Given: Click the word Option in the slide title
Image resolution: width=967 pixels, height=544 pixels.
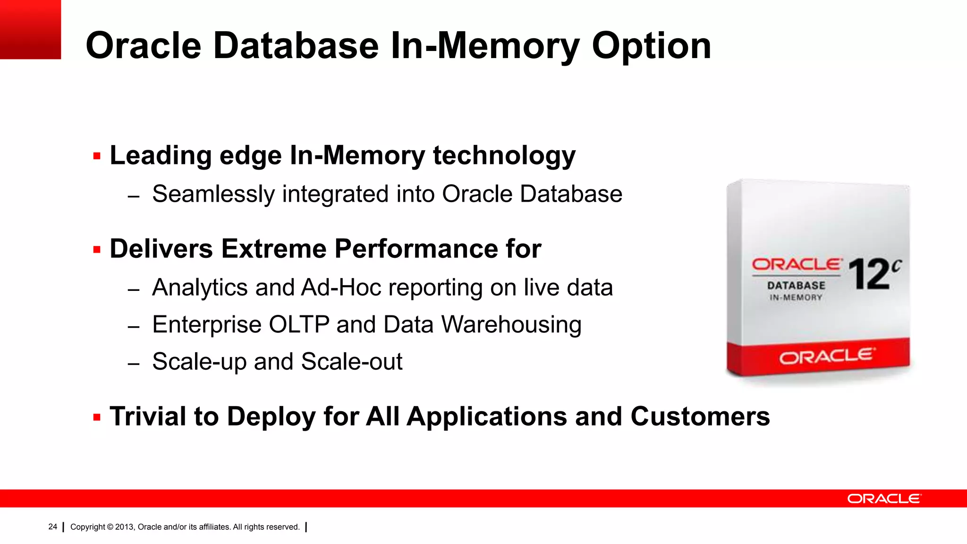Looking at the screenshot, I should [x=651, y=46].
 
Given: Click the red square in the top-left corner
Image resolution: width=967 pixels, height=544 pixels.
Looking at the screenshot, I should [x=30, y=29].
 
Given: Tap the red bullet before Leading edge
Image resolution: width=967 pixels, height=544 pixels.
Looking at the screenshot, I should [x=97, y=156].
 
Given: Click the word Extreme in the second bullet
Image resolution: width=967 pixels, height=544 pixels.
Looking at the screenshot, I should [x=273, y=249].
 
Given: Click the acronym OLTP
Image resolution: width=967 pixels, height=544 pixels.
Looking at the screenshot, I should [x=299, y=325].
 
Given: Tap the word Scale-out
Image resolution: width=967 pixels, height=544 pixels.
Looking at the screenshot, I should [x=352, y=362].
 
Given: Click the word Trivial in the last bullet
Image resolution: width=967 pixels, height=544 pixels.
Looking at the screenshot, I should [x=148, y=416].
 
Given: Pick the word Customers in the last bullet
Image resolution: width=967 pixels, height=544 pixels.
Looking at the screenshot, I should [x=700, y=416].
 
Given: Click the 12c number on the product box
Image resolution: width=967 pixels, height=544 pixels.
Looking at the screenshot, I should [x=874, y=274].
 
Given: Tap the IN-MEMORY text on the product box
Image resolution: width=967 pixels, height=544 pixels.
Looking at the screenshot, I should [x=796, y=297].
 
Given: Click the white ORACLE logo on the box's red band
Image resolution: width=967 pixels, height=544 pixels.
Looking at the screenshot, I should [x=827, y=357].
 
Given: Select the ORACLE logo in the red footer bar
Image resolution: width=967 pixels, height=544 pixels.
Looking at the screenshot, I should [x=884, y=499].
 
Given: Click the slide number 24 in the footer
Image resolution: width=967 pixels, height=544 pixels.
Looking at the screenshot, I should [x=52, y=527].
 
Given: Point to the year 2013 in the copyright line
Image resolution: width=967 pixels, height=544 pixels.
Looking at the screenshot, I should [x=124, y=527].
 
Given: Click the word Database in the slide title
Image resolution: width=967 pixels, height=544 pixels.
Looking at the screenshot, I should [x=296, y=46].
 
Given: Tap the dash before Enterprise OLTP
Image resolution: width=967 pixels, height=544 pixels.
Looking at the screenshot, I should [x=134, y=326].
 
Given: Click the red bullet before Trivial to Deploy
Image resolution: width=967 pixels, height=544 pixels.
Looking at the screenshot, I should [x=97, y=417].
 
